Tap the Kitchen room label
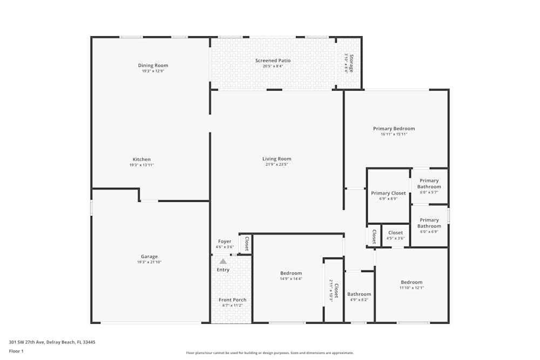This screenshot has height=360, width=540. click(x=141, y=159)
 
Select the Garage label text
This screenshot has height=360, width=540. click(x=149, y=256)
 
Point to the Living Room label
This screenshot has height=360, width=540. click(x=276, y=159)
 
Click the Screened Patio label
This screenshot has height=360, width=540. click(x=273, y=60)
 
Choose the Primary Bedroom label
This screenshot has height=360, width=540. click(x=394, y=128)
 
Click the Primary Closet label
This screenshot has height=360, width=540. click(x=388, y=193)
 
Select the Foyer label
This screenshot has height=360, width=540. click(x=225, y=241)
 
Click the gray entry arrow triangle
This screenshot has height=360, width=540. click(x=222, y=261)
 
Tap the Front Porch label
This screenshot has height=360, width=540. click(x=232, y=300)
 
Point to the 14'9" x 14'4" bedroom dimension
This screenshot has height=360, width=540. click(x=291, y=279)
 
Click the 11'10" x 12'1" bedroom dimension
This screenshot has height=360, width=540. click(x=411, y=288)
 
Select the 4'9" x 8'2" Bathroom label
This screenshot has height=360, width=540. click(x=359, y=294)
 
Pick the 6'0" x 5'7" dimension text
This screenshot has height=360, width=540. click(x=429, y=192)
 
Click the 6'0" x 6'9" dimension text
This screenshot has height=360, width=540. click(x=429, y=232)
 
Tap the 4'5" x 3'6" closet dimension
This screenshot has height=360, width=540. click(x=395, y=238)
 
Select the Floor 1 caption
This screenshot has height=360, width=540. click(x=16, y=351)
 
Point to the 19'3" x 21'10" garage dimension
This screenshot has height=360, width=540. click(x=149, y=262)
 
